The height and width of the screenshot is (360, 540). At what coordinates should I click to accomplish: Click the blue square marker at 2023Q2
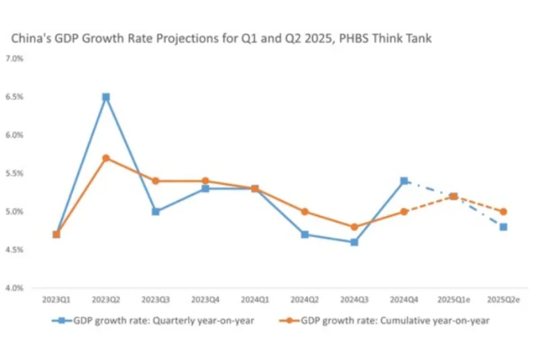point(106,97)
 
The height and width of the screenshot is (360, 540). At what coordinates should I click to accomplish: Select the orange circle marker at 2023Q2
point(106,158)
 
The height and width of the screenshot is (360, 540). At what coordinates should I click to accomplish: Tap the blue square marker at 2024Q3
point(354,242)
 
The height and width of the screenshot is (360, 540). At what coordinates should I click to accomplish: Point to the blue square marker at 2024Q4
point(404,181)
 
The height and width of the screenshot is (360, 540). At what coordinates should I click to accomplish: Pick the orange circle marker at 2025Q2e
point(504,211)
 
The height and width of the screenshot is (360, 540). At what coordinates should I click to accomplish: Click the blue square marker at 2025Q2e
point(504,227)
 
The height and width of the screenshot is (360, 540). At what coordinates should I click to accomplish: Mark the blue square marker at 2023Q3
point(156,211)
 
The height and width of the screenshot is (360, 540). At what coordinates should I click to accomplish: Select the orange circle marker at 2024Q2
point(305,211)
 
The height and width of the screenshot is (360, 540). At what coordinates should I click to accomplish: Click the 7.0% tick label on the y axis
point(14,59)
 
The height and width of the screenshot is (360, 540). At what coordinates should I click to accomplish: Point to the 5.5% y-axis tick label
point(14,174)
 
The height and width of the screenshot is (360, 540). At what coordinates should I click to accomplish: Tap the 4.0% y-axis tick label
point(14,288)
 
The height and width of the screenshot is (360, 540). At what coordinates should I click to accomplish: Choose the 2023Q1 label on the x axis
point(56,299)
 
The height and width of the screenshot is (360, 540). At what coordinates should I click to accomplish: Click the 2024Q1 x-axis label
point(255,299)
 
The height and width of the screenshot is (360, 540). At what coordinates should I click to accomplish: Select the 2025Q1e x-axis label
point(454,299)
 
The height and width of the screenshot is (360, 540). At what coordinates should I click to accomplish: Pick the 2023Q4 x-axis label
point(205,299)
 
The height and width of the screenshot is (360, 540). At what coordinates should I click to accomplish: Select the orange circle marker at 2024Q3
point(354,227)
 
